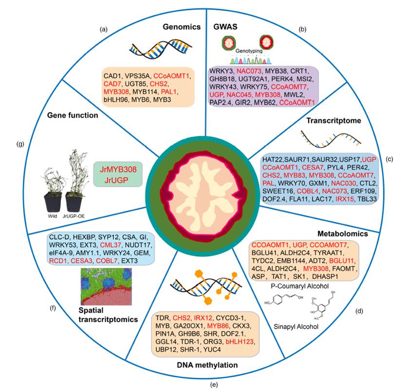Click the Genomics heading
point(182,27)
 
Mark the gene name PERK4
point(292,78)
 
